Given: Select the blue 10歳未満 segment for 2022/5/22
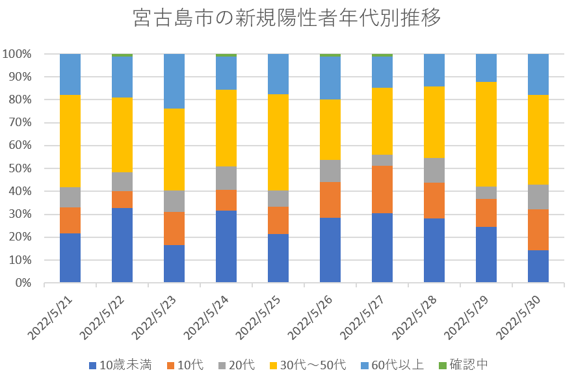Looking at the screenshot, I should click(x=122, y=245).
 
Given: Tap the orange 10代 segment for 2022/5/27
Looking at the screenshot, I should click(x=382, y=189).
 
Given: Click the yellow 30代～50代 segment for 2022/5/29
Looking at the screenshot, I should click(x=486, y=135).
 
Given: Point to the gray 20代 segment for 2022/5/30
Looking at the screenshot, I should click(x=538, y=197).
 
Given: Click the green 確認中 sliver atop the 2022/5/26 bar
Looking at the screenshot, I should click(x=330, y=55).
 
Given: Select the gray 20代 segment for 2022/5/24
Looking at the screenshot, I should click(x=226, y=178).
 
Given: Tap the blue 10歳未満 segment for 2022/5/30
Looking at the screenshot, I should click(x=538, y=267).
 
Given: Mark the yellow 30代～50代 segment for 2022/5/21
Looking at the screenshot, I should click(x=70, y=141).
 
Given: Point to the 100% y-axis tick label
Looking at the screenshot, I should click(x=17, y=54).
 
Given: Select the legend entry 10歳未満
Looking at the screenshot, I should click(x=121, y=365).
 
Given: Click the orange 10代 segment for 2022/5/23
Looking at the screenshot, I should click(x=174, y=228).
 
